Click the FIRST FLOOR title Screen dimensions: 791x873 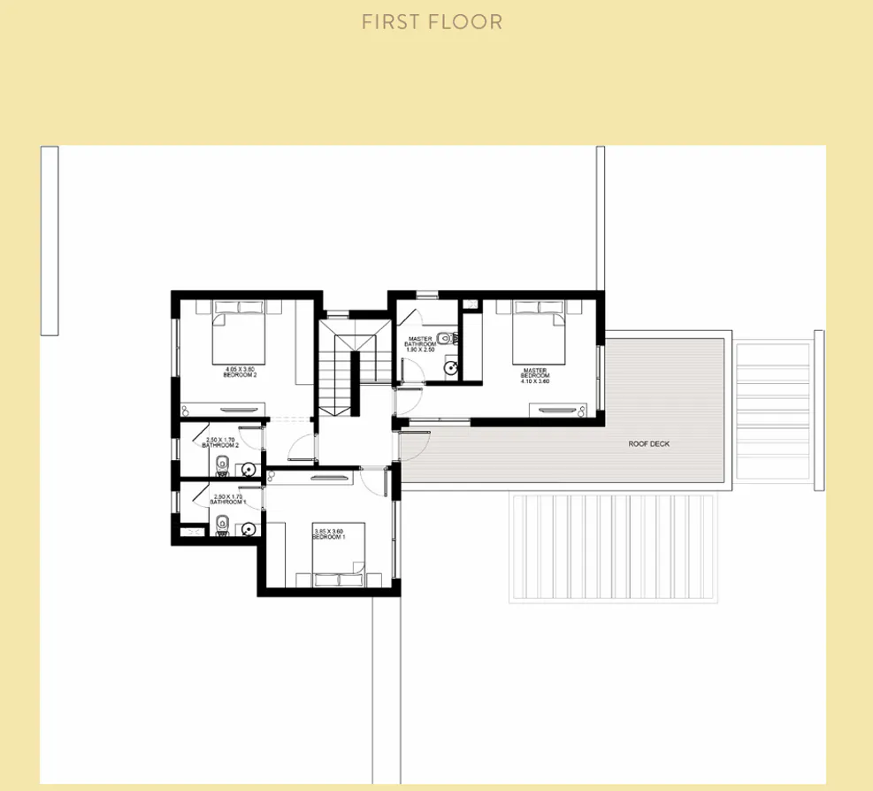coord(432,22)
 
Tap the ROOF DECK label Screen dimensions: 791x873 coord(648,444)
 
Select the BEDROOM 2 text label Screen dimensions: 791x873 coord(241,375)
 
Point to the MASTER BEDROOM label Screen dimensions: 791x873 coord(535,373)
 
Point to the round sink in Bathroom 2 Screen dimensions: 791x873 coord(249,471)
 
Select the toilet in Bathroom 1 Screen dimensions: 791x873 coord(223,523)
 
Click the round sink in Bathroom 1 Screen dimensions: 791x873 coord(249,529)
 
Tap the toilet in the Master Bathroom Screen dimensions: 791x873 coord(452,336)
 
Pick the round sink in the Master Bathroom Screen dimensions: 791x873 coord(451,368)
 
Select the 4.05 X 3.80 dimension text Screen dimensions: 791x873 coord(241,369)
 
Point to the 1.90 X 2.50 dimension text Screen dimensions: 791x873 coord(420,349)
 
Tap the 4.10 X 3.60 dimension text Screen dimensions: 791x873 coord(535,381)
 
